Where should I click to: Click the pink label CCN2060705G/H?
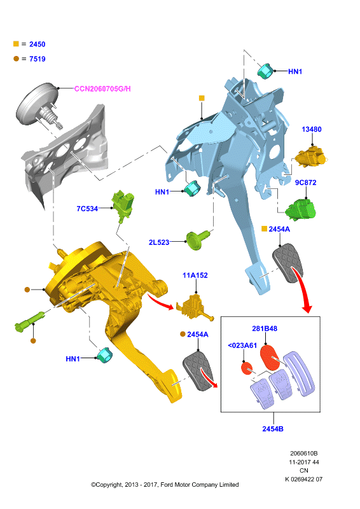coord(102,88)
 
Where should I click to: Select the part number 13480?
coord(312,129)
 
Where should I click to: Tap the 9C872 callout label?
coord(305,183)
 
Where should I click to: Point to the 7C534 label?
coord(87,209)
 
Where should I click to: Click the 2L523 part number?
coord(159,242)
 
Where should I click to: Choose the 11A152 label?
coord(195,275)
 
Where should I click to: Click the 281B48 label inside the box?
coord(265,328)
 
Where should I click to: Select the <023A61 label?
coord(242,345)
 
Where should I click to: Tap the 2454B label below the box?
coord(273,429)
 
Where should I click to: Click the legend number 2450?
coord(38,44)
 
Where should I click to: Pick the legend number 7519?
coord(38,59)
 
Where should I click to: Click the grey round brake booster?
coord(37,104)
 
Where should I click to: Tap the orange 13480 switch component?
coord(311,157)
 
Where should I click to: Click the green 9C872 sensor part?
coord(301,209)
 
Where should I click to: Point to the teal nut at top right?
coord(265,71)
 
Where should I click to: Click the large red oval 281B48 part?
coord(270,358)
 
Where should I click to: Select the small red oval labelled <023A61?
coord(247,368)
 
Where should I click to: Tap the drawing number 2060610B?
coord(304,453)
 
